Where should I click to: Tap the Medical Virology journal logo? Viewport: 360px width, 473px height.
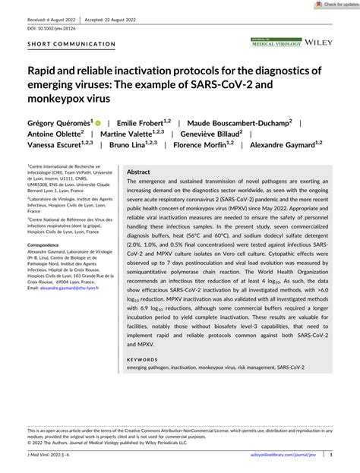coord(277,43)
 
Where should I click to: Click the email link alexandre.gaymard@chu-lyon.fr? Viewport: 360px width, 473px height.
coord(74,310)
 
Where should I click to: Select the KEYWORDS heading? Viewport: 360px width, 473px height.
coord(143,360)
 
